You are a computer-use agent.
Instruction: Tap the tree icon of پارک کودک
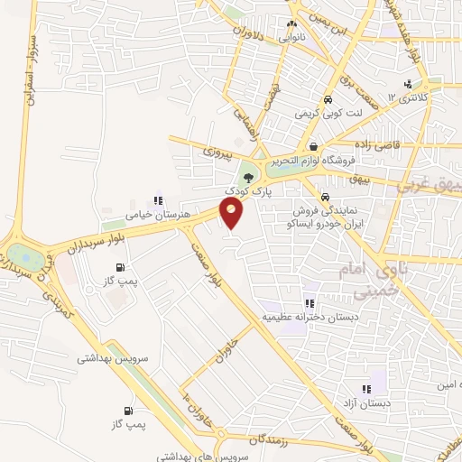point(248,177)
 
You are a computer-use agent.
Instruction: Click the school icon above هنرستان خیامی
point(159,200)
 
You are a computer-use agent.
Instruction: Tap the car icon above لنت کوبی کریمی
point(328,99)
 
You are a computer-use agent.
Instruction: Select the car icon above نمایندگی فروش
point(323,197)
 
